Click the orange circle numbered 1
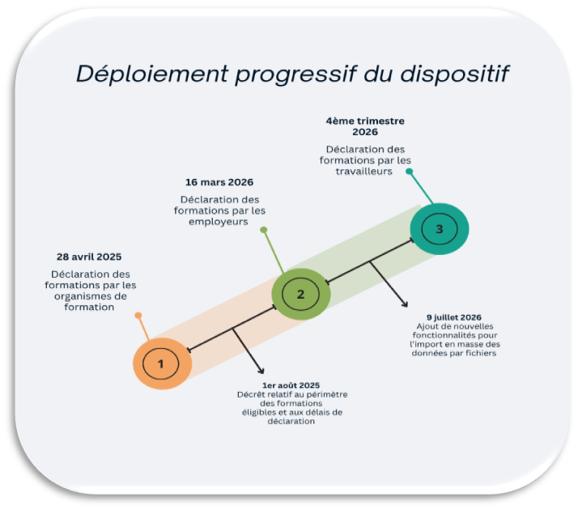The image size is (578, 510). click(x=161, y=364)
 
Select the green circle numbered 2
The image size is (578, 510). click(x=300, y=294)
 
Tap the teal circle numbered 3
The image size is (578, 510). click(x=439, y=229)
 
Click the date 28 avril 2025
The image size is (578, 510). click(x=89, y=257)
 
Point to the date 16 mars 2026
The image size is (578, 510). click(x=219, y=181)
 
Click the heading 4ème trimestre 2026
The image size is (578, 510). click(x=365, y=125)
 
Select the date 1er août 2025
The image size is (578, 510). click(x=291, y=385)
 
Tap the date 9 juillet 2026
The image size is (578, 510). click(x=454, y=317)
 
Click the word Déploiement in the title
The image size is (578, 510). click(x=151, y=74)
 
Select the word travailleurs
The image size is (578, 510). click(x=365, y=171)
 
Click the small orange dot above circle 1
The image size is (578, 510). click(x=138, y=315)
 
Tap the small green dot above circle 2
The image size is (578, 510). click(x=263, y=230)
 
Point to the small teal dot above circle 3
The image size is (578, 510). click(x=410, y=172)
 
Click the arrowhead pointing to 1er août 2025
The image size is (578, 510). click(x=261, y=372)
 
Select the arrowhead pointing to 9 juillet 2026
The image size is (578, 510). click(x=406, y=304)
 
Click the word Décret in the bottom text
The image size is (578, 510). click(x=251, y=394)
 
